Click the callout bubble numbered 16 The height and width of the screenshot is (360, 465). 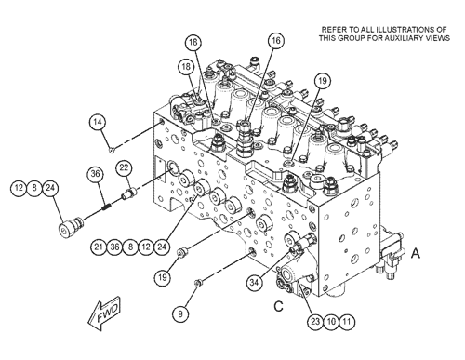tap(276, 41)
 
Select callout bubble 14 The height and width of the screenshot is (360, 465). tap(98, 122)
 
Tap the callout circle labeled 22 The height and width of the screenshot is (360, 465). tap(124, 167)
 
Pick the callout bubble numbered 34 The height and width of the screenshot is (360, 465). tap(255, 282)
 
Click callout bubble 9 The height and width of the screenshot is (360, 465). tap(180, 313)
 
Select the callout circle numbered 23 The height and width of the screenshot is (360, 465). tap(315, 321)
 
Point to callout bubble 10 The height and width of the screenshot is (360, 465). tap(331, 321)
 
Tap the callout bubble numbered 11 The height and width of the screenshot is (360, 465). tap(347, 321)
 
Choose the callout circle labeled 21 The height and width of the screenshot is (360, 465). tap(99, 247)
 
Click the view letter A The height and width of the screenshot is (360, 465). tap(416, 253)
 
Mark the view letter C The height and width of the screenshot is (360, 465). tap(278, 306)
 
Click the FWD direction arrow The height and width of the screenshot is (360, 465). tap(104, 313)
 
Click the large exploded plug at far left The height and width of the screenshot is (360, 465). tap(71, 226)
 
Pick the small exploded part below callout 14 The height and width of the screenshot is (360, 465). tap(112, 151)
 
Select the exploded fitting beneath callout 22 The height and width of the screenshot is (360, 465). tap(128, 193)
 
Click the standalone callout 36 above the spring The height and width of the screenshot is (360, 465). tap(95, 174)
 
